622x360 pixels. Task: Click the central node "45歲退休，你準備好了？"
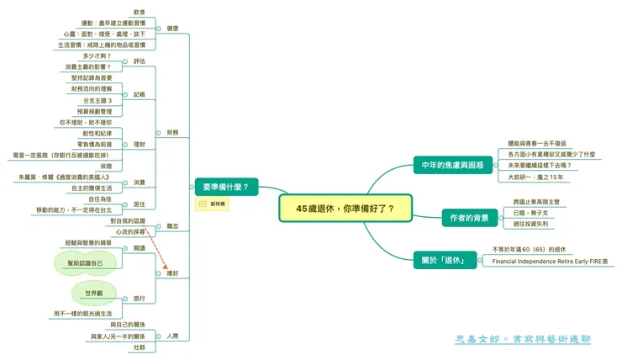click(x=345, y=208)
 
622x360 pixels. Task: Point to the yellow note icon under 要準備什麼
click(x=203, y=204)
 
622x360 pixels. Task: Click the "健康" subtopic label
click(x=173, y=29)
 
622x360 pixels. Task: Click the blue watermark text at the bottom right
click(x=522, y=339)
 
